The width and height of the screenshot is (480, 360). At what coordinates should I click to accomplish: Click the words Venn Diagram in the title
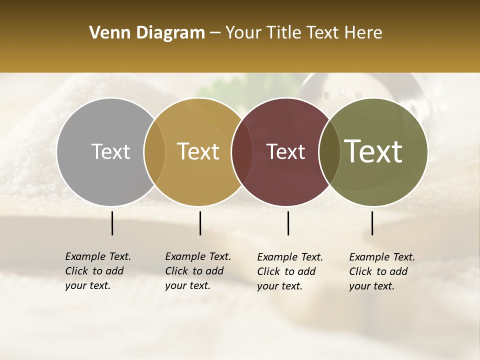pos(147,33)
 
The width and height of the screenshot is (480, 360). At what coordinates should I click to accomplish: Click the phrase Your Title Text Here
pos(303,33)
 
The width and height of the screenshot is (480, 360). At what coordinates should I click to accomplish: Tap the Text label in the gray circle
pos(110,151)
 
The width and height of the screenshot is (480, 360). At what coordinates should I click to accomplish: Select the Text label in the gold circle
pos(198,151)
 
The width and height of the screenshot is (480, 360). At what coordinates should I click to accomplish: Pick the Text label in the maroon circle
pos(286,151)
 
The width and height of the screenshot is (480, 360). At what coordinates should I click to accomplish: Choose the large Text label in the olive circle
pos(373,151)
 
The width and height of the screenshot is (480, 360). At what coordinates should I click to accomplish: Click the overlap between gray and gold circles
pos(154,151)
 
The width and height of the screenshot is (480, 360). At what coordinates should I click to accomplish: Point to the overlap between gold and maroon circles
pos(242,151)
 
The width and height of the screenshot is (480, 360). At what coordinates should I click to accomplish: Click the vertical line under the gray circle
pos(112,223)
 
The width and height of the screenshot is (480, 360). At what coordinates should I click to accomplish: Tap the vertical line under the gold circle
pos(200,223)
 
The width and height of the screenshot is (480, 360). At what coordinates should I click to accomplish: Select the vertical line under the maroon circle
pos(288,223)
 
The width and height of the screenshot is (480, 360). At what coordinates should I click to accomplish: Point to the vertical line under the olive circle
pos(372,223)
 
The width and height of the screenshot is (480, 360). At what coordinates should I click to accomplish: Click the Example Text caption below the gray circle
pos(98,271)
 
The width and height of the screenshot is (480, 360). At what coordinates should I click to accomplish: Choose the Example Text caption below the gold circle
pos(198,271)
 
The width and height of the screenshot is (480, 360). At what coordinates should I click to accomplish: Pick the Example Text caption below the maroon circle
pos(290,271)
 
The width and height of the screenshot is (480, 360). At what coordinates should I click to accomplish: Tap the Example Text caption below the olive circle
pos(382,271)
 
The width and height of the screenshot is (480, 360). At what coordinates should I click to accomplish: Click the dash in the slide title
pos(215,33)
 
